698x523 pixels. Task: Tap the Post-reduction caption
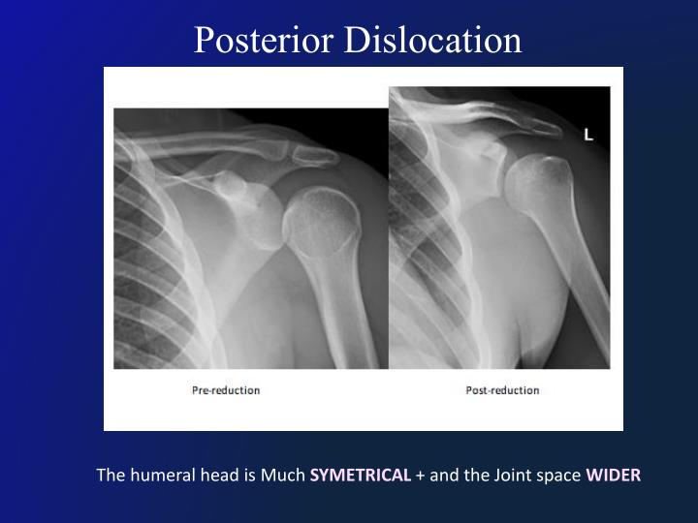(502, 390)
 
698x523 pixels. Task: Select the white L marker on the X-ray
(587, 136)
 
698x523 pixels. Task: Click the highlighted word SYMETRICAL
(361, 476)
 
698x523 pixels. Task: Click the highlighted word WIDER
(613, 476)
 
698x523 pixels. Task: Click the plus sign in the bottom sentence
(420, 476)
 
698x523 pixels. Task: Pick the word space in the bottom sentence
(550, 476)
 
